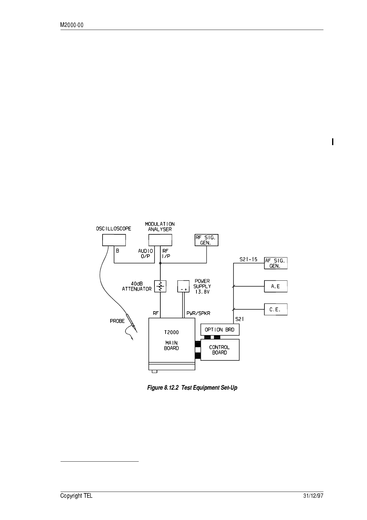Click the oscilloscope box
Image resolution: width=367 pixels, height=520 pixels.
114,240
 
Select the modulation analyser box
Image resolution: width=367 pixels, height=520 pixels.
160,240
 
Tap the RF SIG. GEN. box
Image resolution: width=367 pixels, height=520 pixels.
206,240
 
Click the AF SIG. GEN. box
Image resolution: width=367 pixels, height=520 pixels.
276,263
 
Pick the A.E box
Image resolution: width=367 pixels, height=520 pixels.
276,286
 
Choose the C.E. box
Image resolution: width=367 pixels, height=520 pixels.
276,309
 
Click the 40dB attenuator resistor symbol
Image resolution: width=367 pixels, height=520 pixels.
160,286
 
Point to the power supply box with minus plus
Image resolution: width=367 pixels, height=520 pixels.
183,286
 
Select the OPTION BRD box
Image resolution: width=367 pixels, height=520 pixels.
220,329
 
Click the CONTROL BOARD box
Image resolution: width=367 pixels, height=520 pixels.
220,350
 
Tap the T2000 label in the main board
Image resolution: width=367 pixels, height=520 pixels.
171,332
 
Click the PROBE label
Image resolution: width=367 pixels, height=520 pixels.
117,321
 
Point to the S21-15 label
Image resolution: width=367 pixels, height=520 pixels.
248,259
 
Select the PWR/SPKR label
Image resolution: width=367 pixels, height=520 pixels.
198,313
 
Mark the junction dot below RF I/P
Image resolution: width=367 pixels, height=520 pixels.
160,263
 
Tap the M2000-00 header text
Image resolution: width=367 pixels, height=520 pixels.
72,25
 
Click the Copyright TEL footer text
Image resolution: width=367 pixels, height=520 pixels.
76,496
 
